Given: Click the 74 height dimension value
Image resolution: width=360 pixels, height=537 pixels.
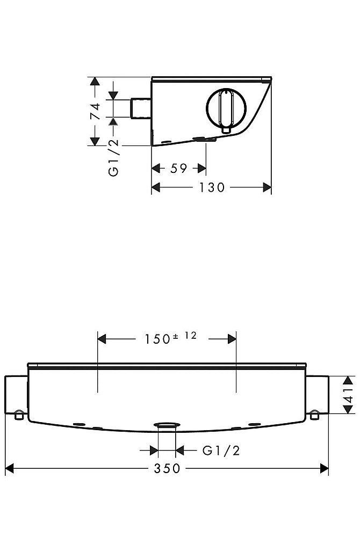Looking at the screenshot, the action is click(96, 111).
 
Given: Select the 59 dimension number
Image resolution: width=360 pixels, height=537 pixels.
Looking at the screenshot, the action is click(179, 169).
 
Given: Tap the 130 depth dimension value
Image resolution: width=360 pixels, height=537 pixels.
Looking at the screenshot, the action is click(212, 187).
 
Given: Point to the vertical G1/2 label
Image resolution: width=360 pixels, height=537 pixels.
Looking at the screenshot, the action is click(113, 157).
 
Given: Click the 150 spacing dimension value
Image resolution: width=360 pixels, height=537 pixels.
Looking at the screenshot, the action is click(157, 339).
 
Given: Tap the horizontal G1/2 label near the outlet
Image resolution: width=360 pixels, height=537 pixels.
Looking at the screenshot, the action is click(221, 451).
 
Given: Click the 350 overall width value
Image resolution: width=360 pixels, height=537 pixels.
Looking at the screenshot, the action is click(167, 468).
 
